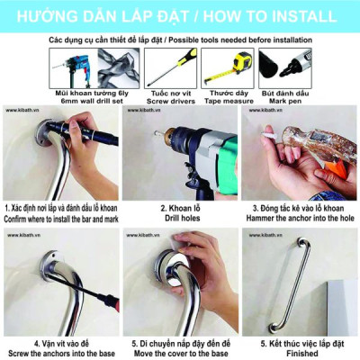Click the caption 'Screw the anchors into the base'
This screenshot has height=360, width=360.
pos(59,353)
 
